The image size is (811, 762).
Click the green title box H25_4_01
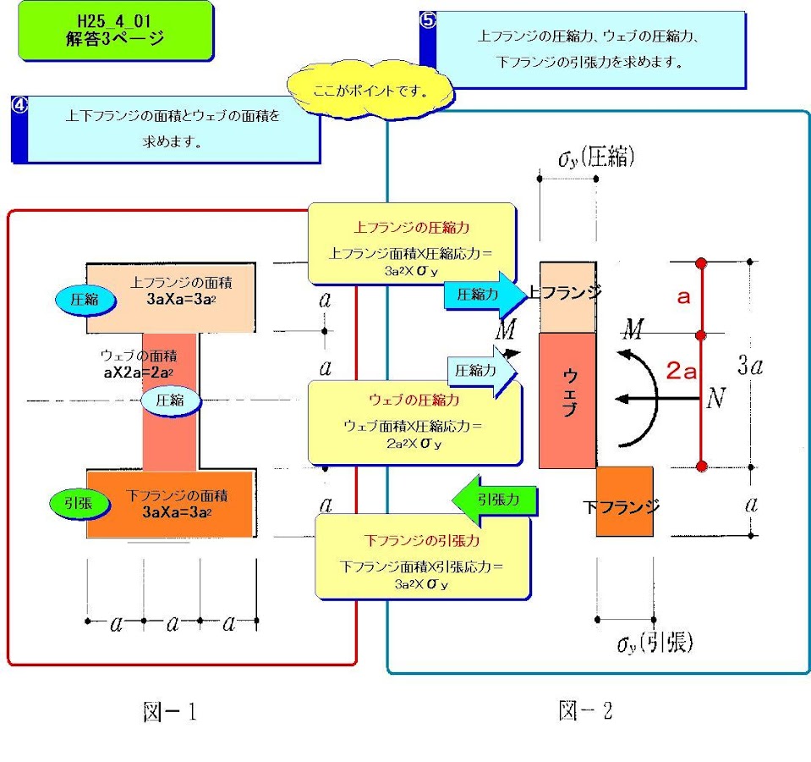(115, 30)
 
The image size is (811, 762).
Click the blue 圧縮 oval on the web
(171, 400)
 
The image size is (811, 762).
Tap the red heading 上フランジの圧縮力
(411, 228)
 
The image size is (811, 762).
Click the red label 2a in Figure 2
(682, 370)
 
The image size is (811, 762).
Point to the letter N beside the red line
(715, 399)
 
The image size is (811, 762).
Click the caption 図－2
(585, 711)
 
